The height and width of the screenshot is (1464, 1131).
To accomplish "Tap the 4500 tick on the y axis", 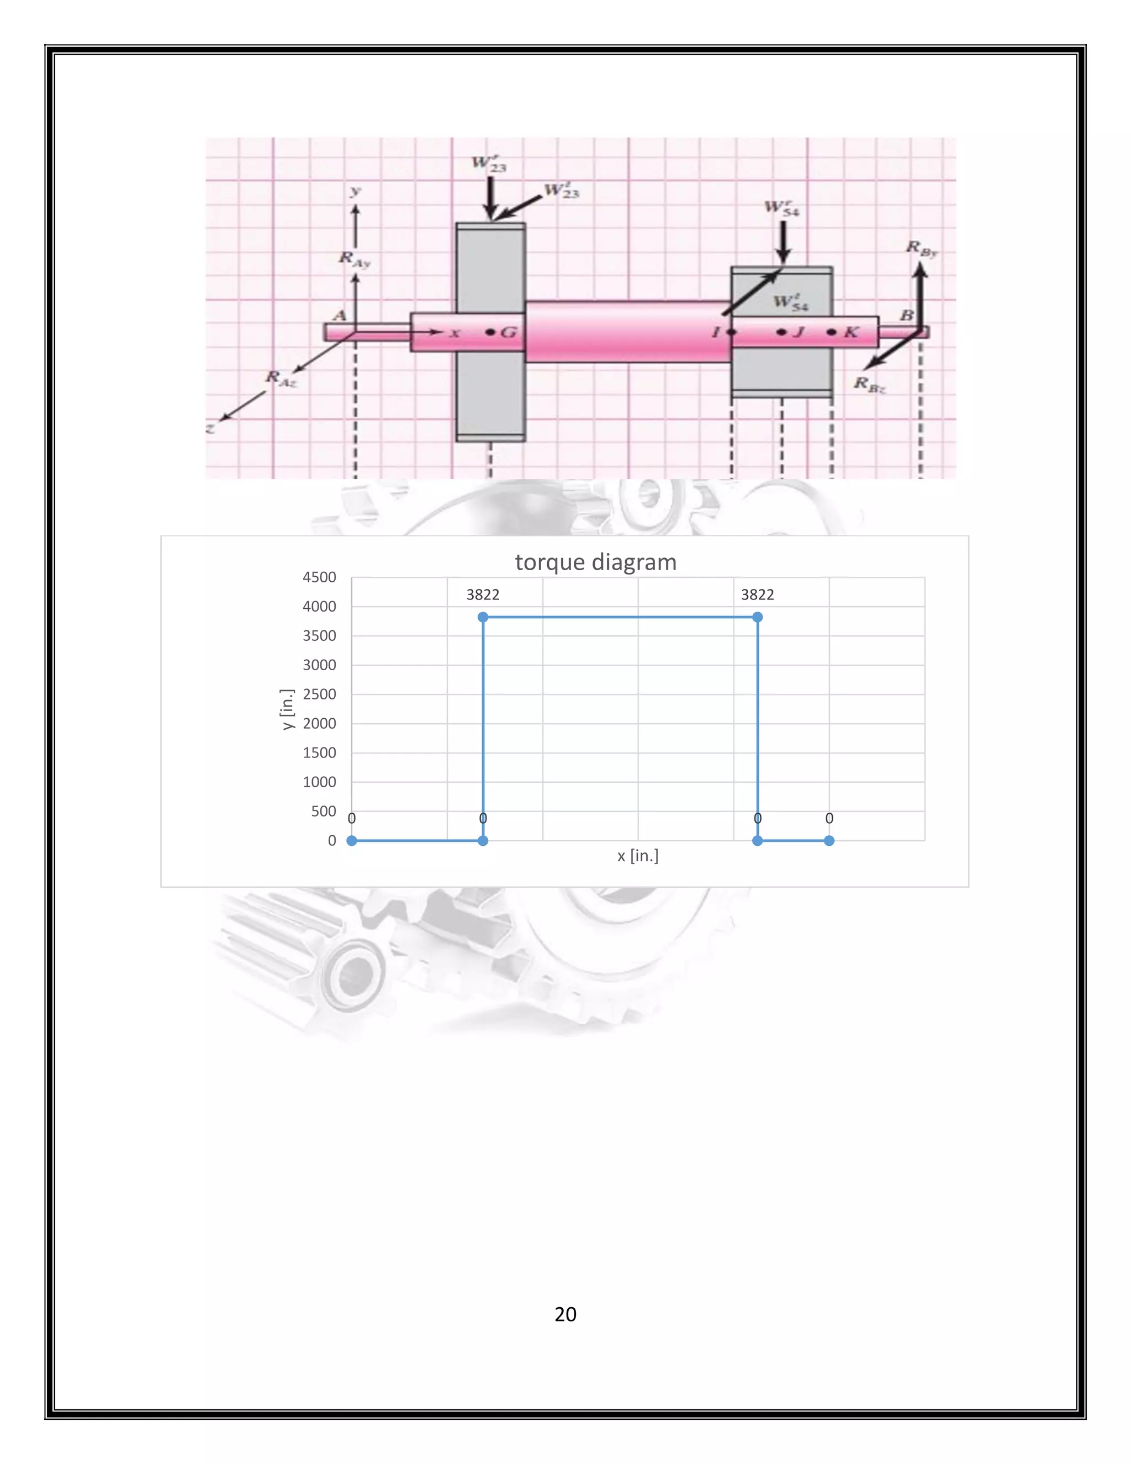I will (319, 577).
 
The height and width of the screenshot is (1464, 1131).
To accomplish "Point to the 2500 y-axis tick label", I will (319, 694).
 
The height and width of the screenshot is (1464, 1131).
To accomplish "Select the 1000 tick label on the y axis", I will (319, 782).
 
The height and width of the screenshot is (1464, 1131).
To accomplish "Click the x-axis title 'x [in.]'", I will (637, 855).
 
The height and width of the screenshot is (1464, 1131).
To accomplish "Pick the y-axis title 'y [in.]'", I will (287, 709).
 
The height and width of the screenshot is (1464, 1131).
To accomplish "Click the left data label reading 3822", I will (483, 594).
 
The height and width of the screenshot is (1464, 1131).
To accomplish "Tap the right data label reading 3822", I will (757, 594).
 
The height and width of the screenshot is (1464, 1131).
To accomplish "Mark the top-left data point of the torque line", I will (483, 617).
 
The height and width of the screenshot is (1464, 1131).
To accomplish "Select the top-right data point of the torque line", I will (757, 617).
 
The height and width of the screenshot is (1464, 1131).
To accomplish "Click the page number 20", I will (565, 1314).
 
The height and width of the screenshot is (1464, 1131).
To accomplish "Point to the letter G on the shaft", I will (509, 332).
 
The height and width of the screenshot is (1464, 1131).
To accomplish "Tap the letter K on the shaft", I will (851, 332).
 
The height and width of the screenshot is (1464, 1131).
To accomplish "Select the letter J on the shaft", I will (798, 332).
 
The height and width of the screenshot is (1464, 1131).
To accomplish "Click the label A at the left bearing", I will (340, 315).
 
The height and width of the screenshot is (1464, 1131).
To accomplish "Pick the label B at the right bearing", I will (907, 315).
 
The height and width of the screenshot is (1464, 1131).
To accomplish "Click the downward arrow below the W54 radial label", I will (783, 242).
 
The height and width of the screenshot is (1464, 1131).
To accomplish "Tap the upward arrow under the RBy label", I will (921, 295).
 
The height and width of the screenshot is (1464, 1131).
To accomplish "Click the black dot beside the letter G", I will (490, 332).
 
